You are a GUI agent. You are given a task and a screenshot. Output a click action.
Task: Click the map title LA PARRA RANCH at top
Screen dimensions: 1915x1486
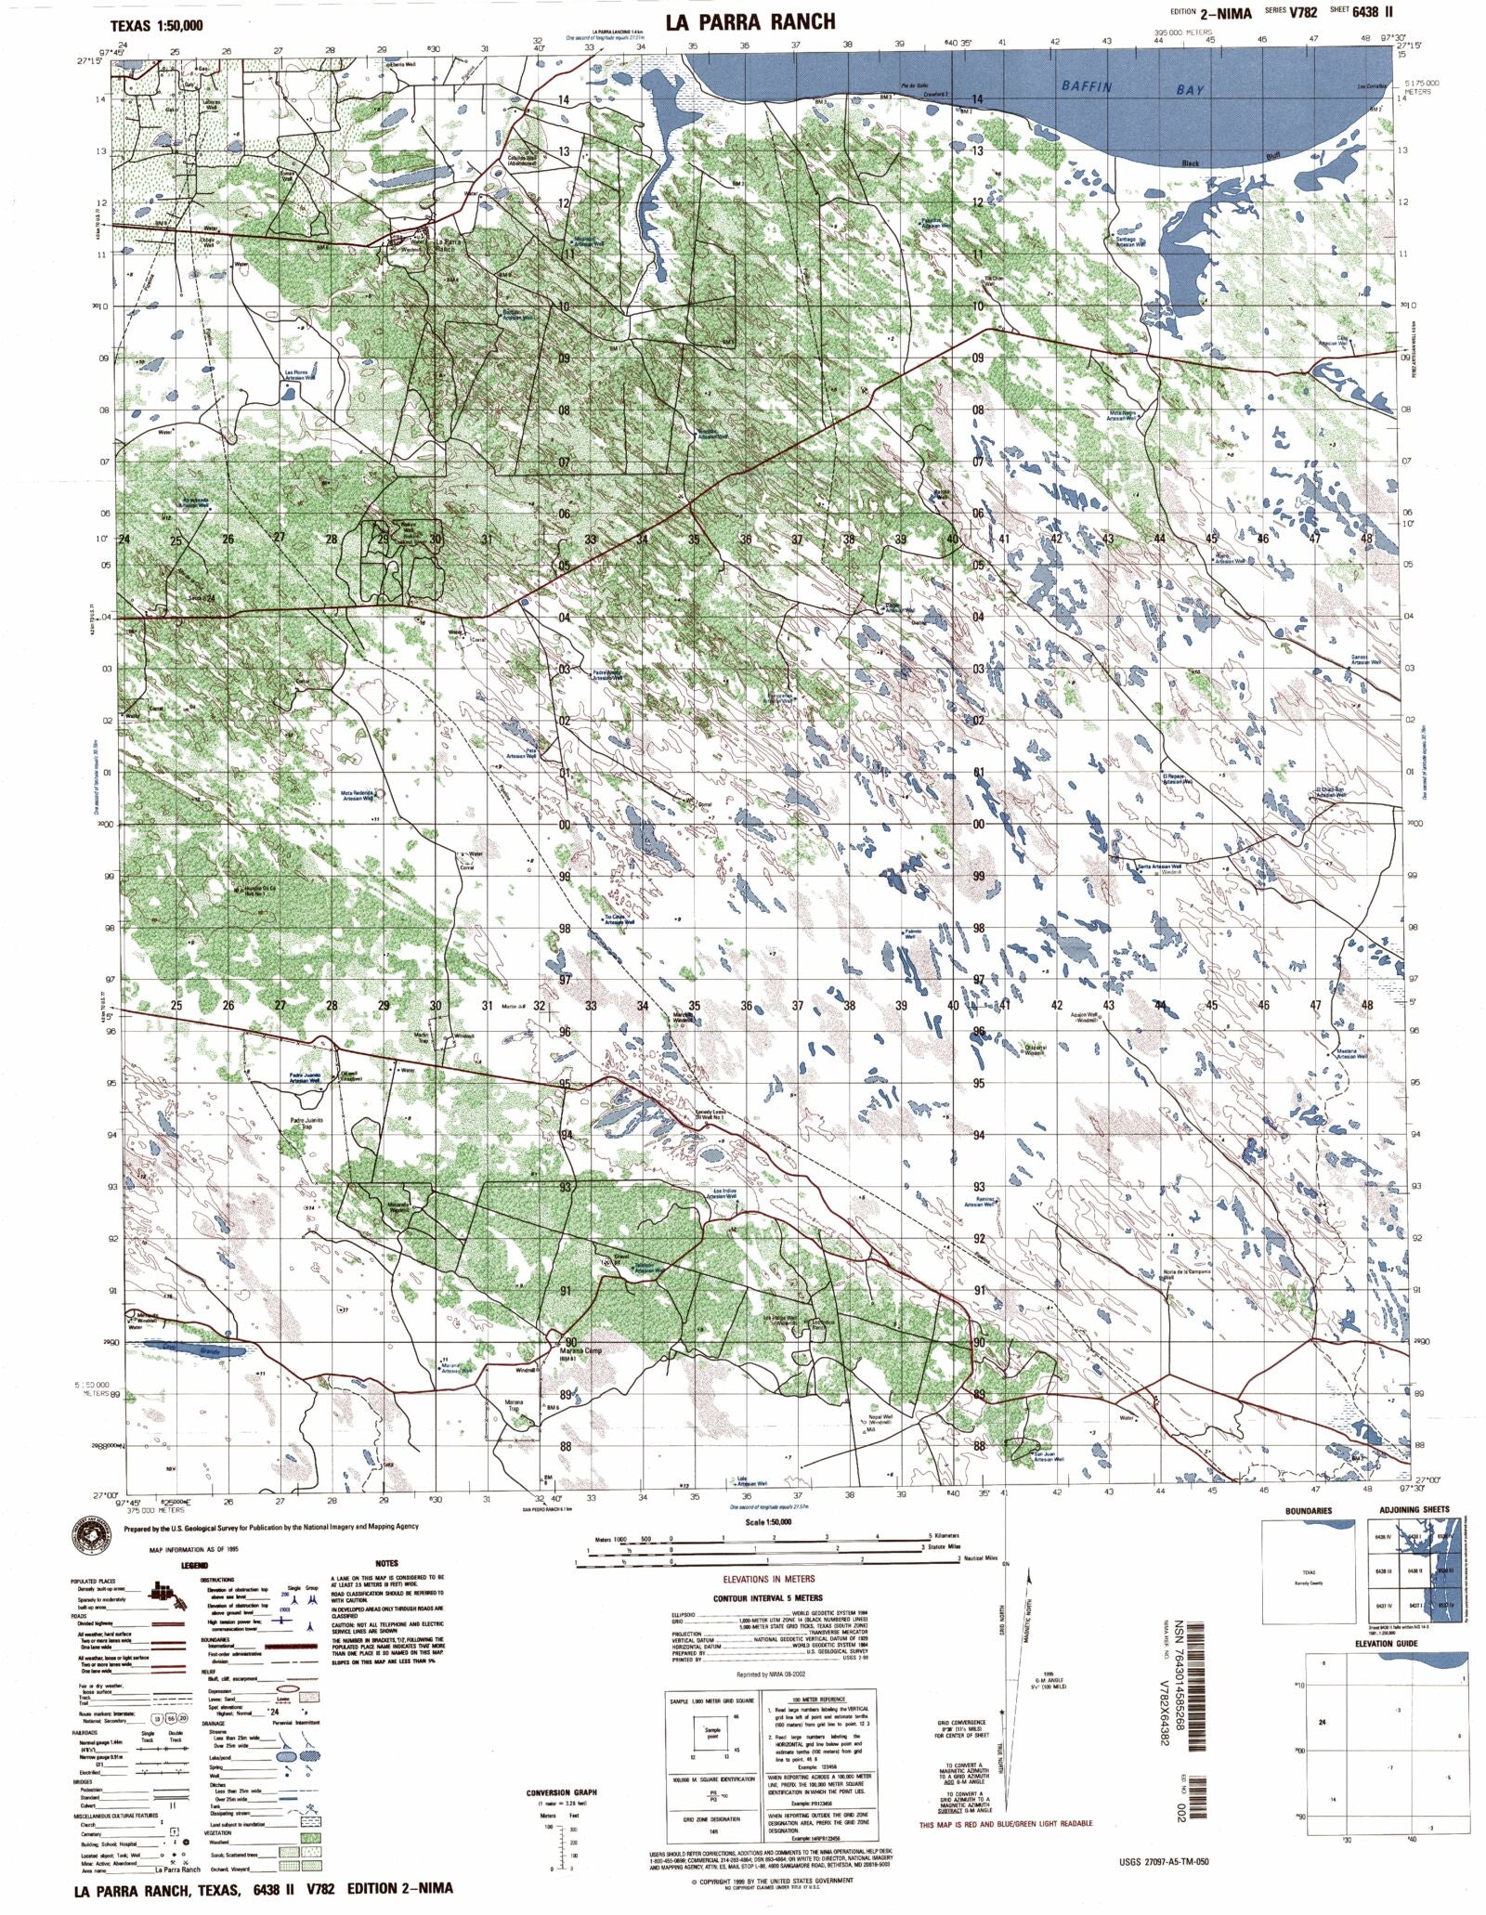click(750, 20)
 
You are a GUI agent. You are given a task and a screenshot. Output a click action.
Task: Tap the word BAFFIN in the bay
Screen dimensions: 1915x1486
click(1087, 86)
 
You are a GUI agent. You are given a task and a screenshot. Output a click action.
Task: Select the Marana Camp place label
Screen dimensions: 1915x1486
click(581, 1351)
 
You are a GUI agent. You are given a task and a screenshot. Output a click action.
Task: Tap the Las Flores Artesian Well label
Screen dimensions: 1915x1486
click(300, 375)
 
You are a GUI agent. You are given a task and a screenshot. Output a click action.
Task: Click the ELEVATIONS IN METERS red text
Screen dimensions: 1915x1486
click(768, 1578)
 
